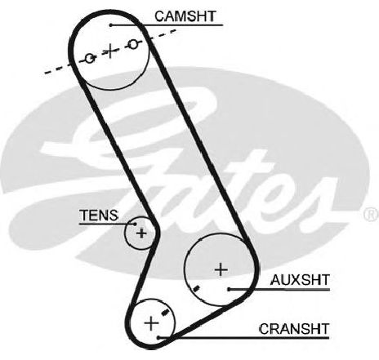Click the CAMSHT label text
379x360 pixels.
pos(185,16)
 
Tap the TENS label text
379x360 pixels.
pos(99,216)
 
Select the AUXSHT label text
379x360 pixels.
pos(300,280)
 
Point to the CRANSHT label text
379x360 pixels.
pos(294,329)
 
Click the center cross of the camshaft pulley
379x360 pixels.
pos(110,51)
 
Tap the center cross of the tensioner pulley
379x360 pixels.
pos(141,233)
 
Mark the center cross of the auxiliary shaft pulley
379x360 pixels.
pos(221,270)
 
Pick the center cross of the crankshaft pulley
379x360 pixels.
pos(151,323)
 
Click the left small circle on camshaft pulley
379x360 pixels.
pos(90,58)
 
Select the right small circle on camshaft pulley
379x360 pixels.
pos(133,44)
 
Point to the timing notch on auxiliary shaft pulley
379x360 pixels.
pos(196,288)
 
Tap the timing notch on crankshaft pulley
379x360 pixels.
pos(165,313)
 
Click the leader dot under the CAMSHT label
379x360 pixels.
pos(111,25)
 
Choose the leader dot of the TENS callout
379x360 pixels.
pos(135,224)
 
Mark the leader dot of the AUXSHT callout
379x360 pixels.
pos(230,289)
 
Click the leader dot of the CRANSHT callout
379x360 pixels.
pos(158,338)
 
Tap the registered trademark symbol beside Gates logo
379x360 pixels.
pos(371,214)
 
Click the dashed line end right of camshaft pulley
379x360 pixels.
pos(175,30)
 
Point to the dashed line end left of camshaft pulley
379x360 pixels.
pos(45,73)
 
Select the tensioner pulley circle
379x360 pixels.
pos(125,233)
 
